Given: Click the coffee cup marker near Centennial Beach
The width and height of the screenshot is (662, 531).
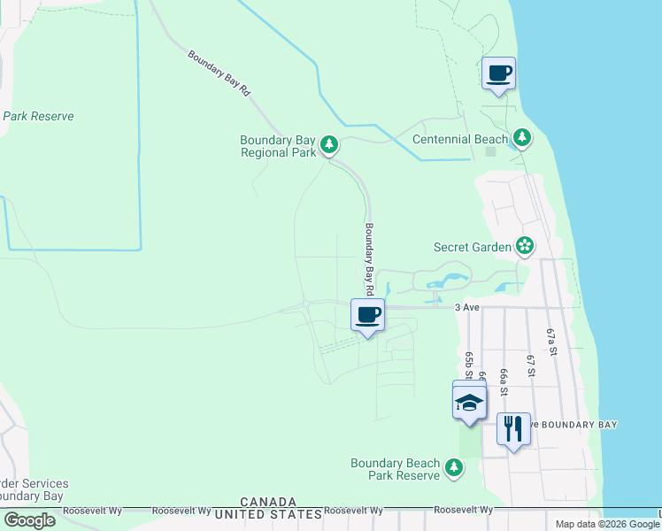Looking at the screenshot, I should [499, 73].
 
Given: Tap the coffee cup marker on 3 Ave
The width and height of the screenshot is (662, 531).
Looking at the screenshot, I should [367, 315].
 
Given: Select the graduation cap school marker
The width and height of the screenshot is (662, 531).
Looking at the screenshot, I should [469, 403].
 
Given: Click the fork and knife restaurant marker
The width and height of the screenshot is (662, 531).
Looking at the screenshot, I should [513, 429].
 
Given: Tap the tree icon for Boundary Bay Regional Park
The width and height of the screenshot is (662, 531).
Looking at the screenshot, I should [329, 143].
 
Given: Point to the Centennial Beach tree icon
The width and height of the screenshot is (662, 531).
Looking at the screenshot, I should [522, 137].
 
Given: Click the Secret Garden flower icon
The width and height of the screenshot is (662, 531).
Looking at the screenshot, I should [525, 245].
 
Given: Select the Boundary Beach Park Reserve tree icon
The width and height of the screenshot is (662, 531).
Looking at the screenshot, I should [454, 466].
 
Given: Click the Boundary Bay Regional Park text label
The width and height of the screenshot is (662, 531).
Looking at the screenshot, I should [278, 146].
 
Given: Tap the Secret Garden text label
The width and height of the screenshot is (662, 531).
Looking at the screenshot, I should [473, 247].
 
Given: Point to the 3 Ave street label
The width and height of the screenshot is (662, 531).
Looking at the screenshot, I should [466, 307].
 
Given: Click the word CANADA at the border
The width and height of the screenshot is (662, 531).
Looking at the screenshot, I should [267, 501].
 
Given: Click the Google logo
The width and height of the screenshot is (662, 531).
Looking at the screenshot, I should [29, 519].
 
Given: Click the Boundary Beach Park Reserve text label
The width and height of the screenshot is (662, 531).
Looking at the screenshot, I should [395, 469].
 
